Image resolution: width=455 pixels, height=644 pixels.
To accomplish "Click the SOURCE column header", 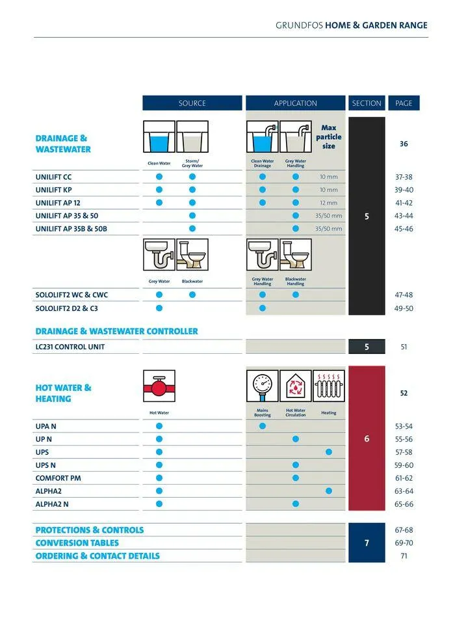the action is [x=192, y=103].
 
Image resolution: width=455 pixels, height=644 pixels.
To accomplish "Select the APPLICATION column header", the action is [x=295, y=103].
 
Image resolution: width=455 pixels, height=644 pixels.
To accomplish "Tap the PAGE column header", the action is [x=404, y=103].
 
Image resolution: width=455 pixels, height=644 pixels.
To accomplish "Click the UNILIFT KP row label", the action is [x=54, y=190].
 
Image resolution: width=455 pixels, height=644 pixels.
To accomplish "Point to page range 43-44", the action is [x=404, y=216].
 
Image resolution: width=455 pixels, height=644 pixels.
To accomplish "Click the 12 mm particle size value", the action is [x=329, y=203].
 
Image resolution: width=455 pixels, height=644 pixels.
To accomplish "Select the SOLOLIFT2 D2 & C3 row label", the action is [x=67, y=308].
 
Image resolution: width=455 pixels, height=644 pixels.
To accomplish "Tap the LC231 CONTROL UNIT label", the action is [x=70, y=347].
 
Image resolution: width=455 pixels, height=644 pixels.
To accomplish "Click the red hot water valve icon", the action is [x=159, y=386].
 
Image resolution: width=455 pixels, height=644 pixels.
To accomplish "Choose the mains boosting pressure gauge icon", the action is [x=263, y=386].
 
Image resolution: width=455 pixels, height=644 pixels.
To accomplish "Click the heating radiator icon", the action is [x=329, y=386].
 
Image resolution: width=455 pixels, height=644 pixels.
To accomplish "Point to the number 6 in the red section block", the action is [x=367, y=439].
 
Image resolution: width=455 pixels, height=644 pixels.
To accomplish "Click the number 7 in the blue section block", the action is [x=367, y=543].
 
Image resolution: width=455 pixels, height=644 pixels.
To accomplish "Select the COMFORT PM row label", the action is [x=58, y=478].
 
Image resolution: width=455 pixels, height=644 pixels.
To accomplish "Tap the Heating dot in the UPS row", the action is [x=329, y=452].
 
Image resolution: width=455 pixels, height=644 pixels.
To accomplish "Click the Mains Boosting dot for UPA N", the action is [x=263, y=426].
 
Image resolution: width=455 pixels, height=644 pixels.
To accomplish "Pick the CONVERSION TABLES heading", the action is [x=77, y=543].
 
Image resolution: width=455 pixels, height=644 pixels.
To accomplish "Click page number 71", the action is [x=404, y=556].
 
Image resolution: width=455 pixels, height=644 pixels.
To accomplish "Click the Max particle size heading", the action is [x=329, y=137].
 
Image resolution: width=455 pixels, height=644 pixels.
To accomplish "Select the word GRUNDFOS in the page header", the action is [x=299, y=25].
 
